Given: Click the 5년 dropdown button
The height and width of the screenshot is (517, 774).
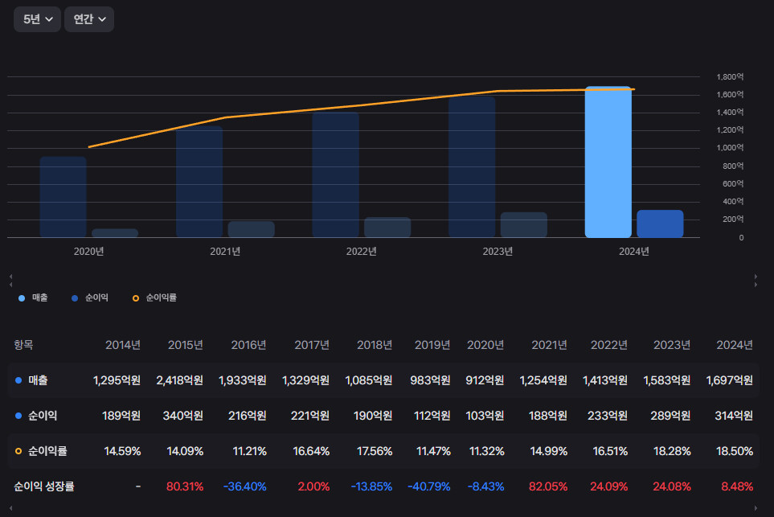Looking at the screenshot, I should click(37, 19).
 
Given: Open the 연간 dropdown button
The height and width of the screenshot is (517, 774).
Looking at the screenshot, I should click(88, 19).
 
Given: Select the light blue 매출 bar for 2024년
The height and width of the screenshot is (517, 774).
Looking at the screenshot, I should click(608, 162).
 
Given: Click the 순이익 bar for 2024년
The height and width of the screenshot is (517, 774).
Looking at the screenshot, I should click(660, 224).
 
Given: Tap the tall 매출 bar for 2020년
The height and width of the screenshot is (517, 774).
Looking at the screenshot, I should click(63, 197).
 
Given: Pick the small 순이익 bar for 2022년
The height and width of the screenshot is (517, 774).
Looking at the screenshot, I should click(387, 227).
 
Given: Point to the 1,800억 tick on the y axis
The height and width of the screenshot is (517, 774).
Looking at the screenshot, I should click(730, 77).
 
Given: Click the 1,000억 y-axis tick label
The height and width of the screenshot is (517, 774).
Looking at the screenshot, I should click(730, 148).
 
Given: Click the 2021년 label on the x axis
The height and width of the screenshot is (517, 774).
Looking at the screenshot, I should click(225, 251).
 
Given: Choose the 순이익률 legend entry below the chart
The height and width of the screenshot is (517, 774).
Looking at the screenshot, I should click(154, 297).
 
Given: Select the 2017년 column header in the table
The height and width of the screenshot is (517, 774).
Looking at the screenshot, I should click(312, 345).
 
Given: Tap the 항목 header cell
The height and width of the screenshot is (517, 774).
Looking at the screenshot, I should click(24, 345).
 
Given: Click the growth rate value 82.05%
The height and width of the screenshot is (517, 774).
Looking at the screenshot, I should click(549, 486).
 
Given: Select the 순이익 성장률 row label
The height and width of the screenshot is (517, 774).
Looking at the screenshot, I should click(44, 486).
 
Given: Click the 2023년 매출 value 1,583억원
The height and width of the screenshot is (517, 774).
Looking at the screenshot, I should click(666, 380).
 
